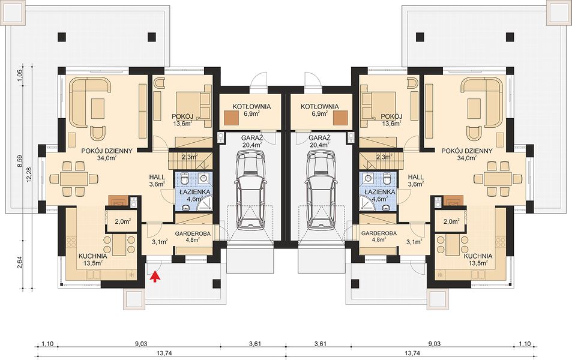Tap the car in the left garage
click(x=250, y=191)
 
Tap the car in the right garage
click(x=321, y=191)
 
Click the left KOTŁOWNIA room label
click(x=251, y=107)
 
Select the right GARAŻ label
click(x=319, y=138)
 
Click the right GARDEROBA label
click(x=378, y=233)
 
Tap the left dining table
click(x=74, y=179)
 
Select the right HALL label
click(x=416, y=177)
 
